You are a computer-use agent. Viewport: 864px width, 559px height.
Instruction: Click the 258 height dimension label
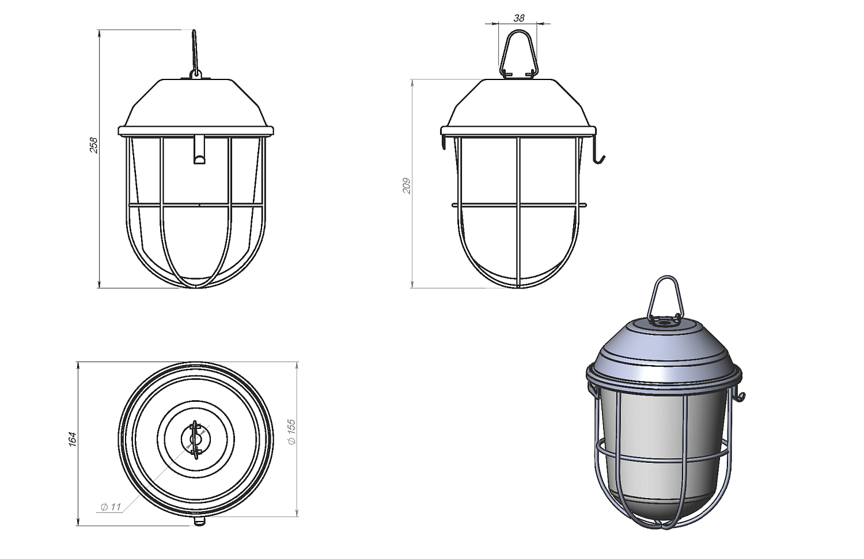tap(94, 145)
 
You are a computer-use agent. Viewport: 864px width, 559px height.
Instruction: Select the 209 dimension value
tap(406, 186)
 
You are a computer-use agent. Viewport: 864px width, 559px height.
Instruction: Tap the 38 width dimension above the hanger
tap(519, 18)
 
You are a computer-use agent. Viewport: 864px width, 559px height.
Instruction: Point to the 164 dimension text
tap(73, 439)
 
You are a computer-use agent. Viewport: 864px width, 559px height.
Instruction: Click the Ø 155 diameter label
tap(292, 432)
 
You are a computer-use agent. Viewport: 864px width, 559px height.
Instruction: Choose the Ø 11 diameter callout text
tap(111, 507)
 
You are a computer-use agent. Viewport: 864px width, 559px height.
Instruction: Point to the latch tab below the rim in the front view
tap(199, 150)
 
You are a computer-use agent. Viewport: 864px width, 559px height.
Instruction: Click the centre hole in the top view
tap(196, 439)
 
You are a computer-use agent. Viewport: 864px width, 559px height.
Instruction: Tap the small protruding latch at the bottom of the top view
tap(199, 521)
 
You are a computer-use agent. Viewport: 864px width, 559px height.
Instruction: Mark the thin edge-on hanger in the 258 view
tap(195, 54)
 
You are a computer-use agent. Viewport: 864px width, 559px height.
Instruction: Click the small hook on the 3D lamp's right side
tap(740, 395)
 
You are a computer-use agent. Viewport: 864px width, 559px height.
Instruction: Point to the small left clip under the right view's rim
tap(444, 141)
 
